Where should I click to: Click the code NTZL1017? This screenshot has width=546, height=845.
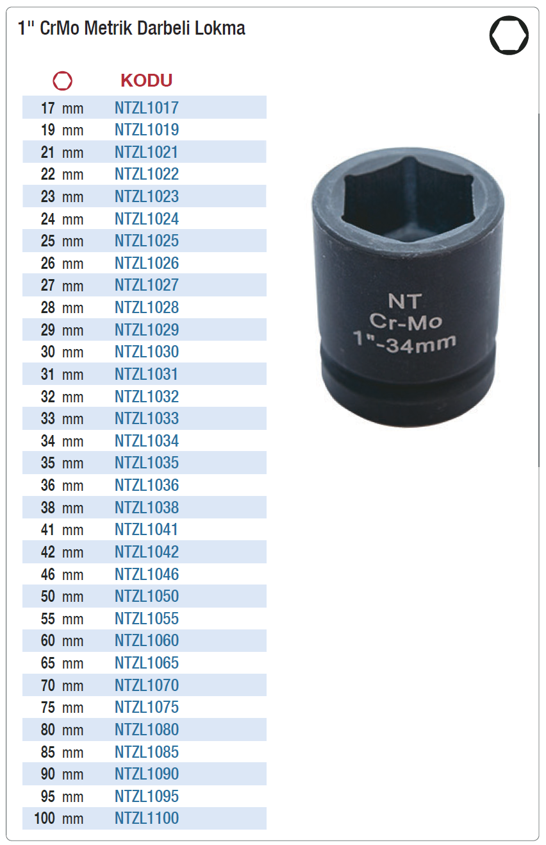click(147, 108)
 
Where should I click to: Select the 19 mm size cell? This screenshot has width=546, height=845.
click(62, 130)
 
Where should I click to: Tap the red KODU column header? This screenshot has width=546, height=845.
click(146, 80)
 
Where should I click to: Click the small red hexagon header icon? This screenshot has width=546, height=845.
click(62, 81)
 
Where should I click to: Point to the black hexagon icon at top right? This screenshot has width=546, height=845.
click(509, 35)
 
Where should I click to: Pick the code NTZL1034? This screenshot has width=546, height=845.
click(147, 441)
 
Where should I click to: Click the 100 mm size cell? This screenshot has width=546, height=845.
click(59, 818)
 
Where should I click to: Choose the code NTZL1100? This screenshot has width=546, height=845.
click(147, 818)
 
